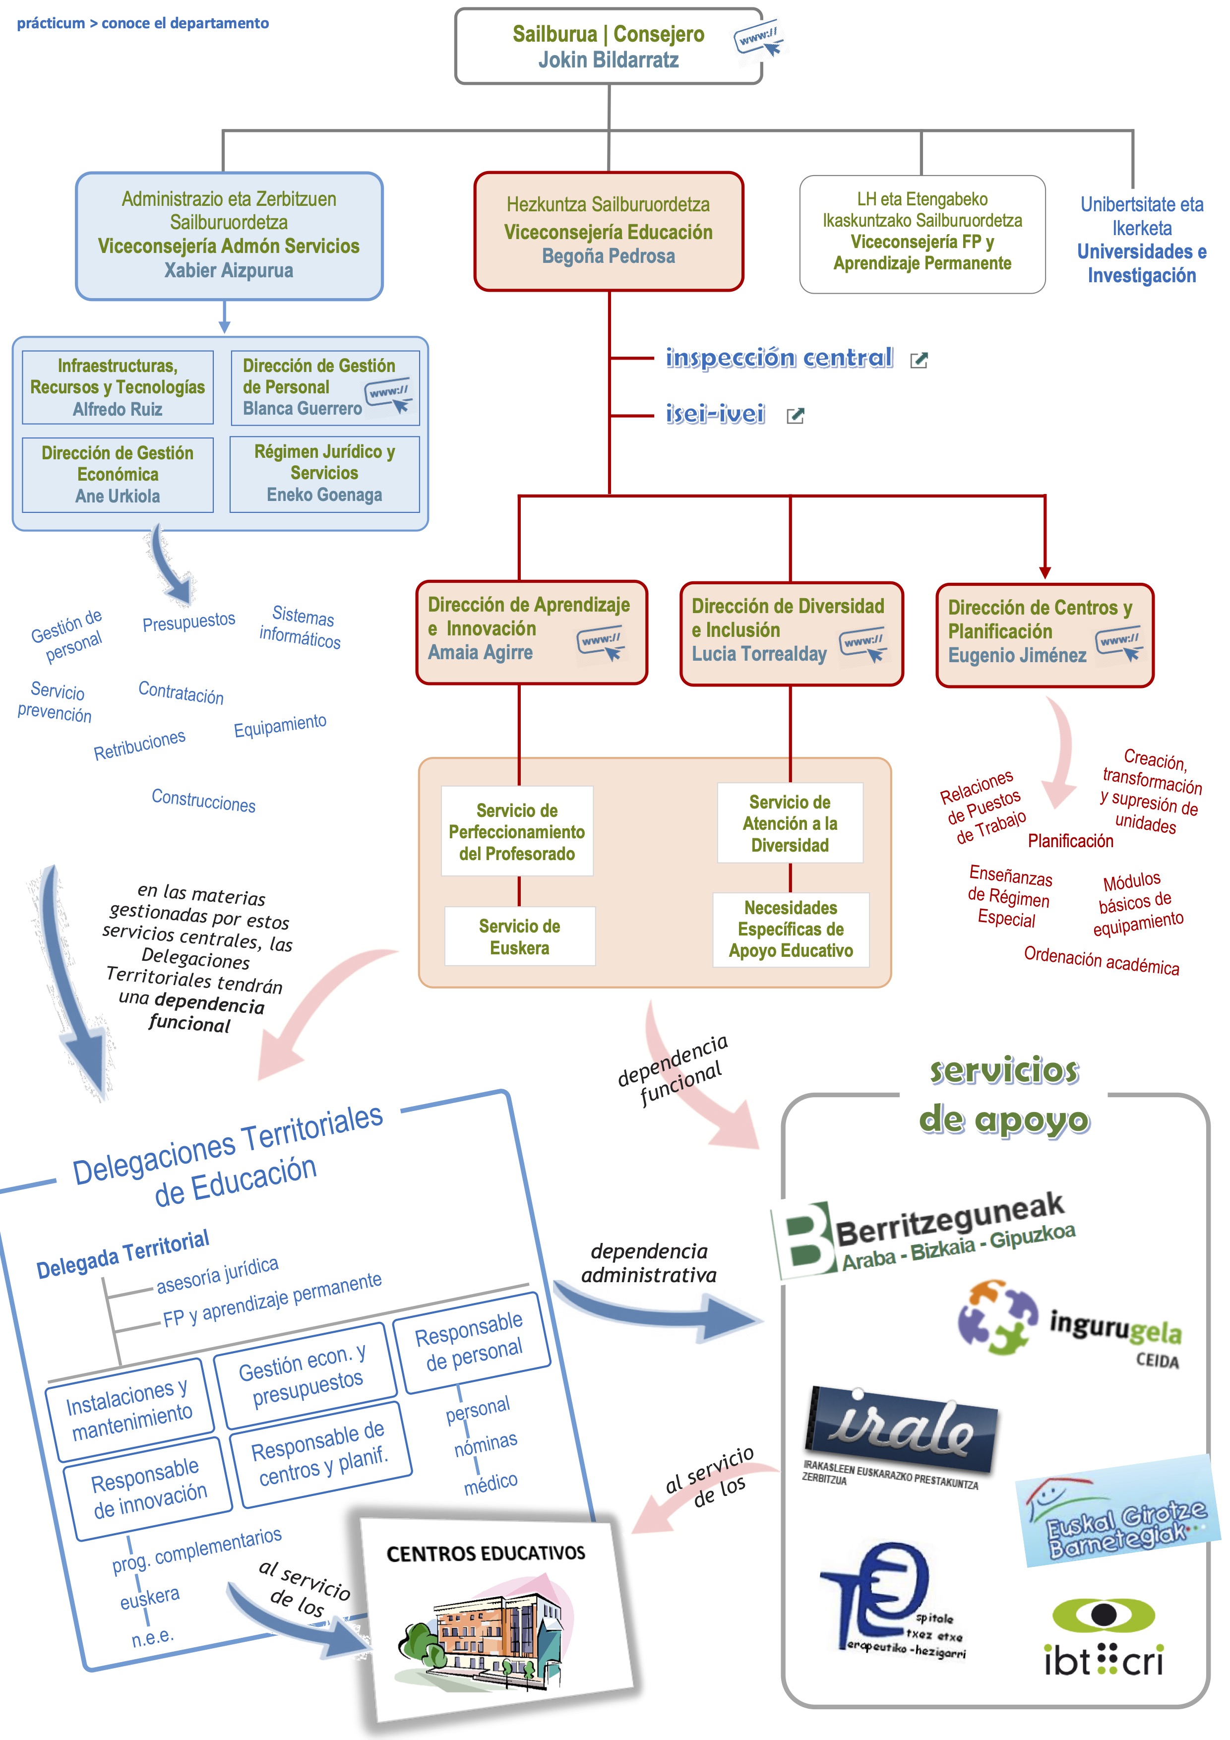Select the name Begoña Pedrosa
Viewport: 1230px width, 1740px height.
point(608,256)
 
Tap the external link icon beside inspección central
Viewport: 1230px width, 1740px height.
point(919,360)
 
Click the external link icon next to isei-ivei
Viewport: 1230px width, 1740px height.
point(795,415)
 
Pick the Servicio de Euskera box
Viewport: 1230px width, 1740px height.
point(520,936)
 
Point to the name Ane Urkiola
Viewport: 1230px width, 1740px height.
point(118,497)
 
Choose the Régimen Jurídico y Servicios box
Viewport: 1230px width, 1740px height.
point(324,474)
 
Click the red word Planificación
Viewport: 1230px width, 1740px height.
point(1070,840)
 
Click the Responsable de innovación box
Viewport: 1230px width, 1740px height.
point(148,1489)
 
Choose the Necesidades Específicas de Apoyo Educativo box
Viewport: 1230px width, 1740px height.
point(791,929)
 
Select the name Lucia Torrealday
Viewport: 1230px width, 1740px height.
point(759,654)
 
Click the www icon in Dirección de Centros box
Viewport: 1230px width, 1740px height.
point(1119,644)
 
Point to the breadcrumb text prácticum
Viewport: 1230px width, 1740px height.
point(51,23)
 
